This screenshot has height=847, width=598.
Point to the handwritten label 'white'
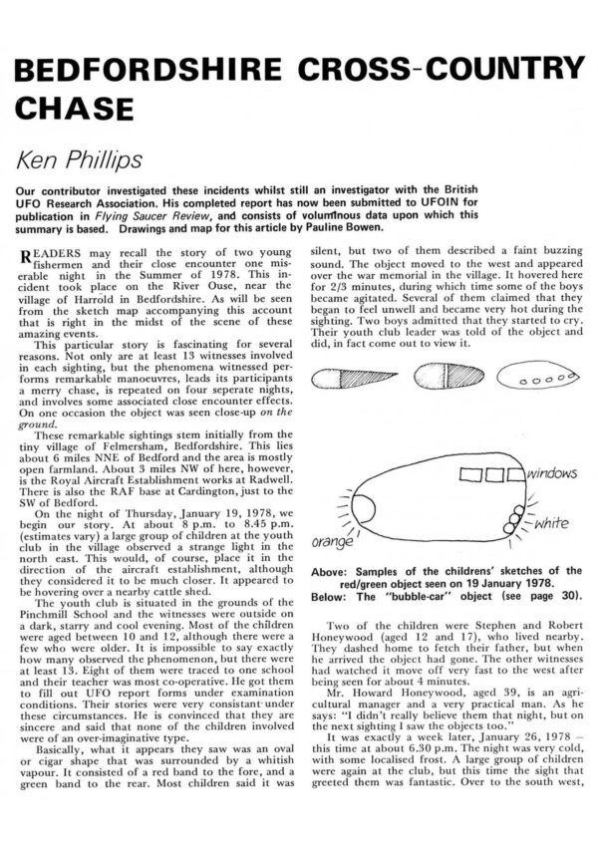(x=548, y=522)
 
